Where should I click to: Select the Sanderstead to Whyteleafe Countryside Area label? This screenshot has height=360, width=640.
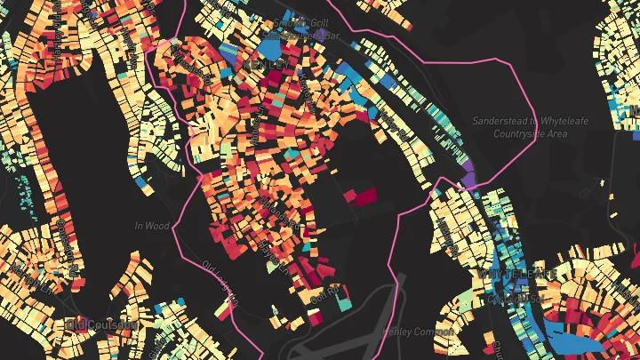(532, 126)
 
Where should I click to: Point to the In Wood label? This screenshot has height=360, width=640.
(151, 227)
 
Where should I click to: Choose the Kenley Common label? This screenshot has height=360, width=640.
(417, 332)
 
